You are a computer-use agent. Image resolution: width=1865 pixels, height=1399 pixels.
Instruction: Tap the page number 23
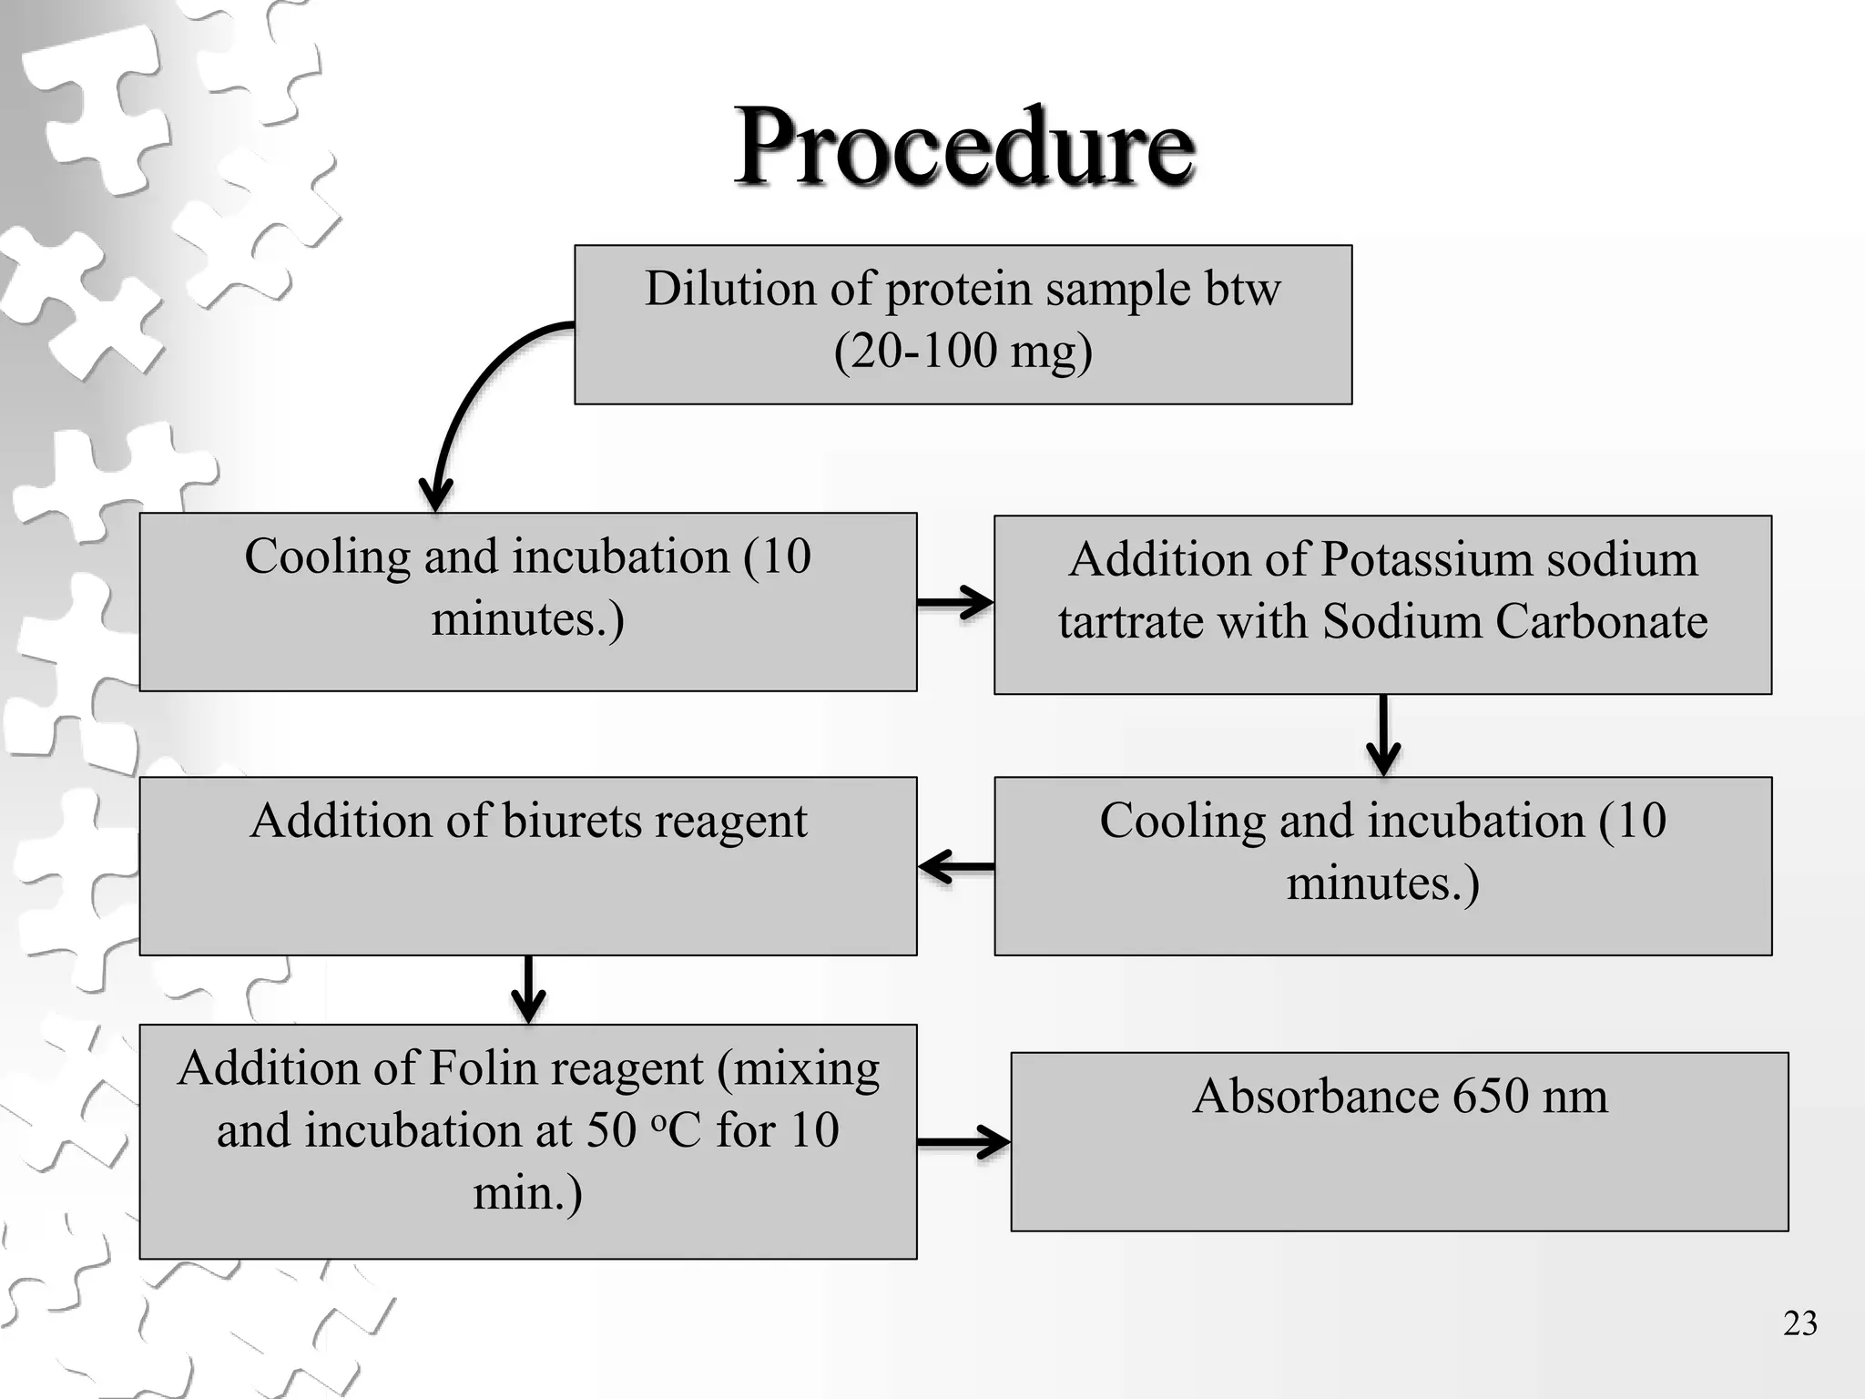point(1799,1323)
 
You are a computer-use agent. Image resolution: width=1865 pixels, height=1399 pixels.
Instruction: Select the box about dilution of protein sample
point(963,324)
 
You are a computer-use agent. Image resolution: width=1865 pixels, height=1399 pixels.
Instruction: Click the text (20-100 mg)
point(963,352)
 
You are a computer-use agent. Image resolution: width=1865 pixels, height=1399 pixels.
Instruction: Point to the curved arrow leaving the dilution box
point(474,392)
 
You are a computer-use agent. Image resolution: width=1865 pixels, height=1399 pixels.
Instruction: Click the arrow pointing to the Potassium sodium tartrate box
point(955,602)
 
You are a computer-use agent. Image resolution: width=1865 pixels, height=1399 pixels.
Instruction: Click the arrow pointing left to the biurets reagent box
point(955,867)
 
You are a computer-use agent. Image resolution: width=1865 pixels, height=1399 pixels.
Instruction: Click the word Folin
point(474,1068)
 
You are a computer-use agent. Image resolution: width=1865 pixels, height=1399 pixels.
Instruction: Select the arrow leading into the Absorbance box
point(963,1141)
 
